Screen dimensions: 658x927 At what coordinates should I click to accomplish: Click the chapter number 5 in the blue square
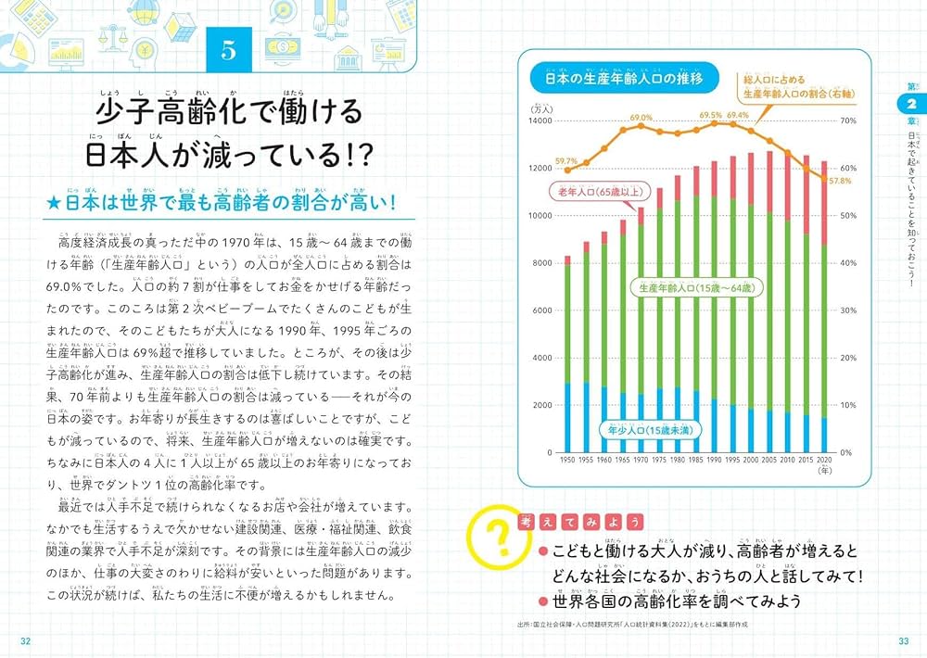pyautogui.click(x=228, y=50)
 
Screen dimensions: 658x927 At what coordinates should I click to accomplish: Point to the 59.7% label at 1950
pyautogui.click(x=565, y=160)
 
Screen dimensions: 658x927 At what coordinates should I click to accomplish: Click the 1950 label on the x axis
pyautogui.click(x=569, y=461)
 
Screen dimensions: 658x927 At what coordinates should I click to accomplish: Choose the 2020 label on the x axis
pyautogui.click(x=824, y=461)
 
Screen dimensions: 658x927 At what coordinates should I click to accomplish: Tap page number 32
pyautogui.click(x=26, y=641)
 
